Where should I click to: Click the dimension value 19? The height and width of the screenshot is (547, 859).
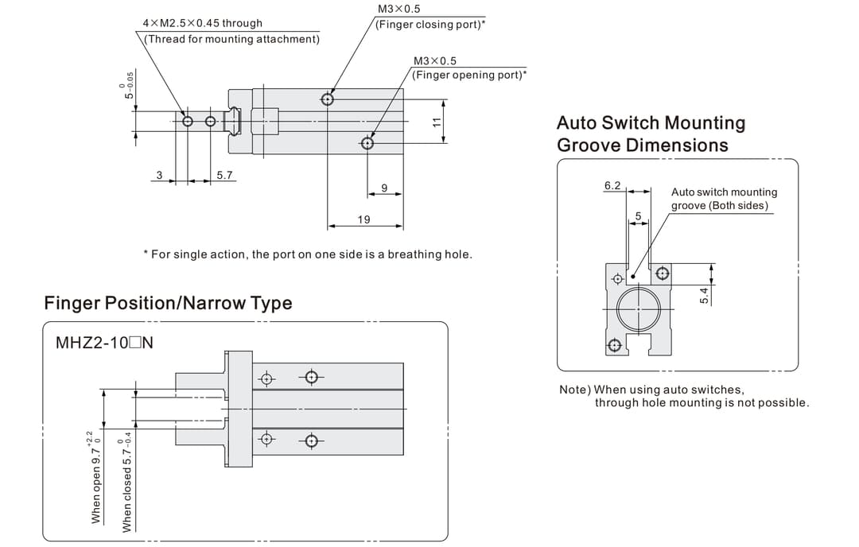coord(363,219)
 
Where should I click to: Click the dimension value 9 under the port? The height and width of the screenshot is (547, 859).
coord(384,188)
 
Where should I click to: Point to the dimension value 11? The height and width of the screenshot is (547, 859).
coord(436,122)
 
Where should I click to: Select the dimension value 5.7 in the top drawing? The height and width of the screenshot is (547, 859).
coord(225,175)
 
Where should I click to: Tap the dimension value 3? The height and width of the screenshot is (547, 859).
coord(159,175)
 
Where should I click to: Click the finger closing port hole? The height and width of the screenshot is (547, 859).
coord(328,99)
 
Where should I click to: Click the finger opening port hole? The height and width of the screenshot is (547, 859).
coord(367,143)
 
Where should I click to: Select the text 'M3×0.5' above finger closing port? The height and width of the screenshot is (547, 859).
coord(399,10)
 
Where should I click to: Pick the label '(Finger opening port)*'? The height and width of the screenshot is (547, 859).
coord(469,75)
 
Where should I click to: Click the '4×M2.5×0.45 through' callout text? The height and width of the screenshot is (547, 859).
coord(202,23)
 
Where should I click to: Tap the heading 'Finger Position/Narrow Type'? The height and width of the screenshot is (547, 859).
coord(168,303)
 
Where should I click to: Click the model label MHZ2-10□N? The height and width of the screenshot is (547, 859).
coord(104,343)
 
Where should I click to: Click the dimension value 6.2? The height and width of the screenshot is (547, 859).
coord(612,185)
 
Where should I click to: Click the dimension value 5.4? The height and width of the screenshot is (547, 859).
coord(703,295)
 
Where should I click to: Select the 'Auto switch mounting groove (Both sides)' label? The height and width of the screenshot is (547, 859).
coord(724,199)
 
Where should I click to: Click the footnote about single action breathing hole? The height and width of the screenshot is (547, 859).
coord(307,254)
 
